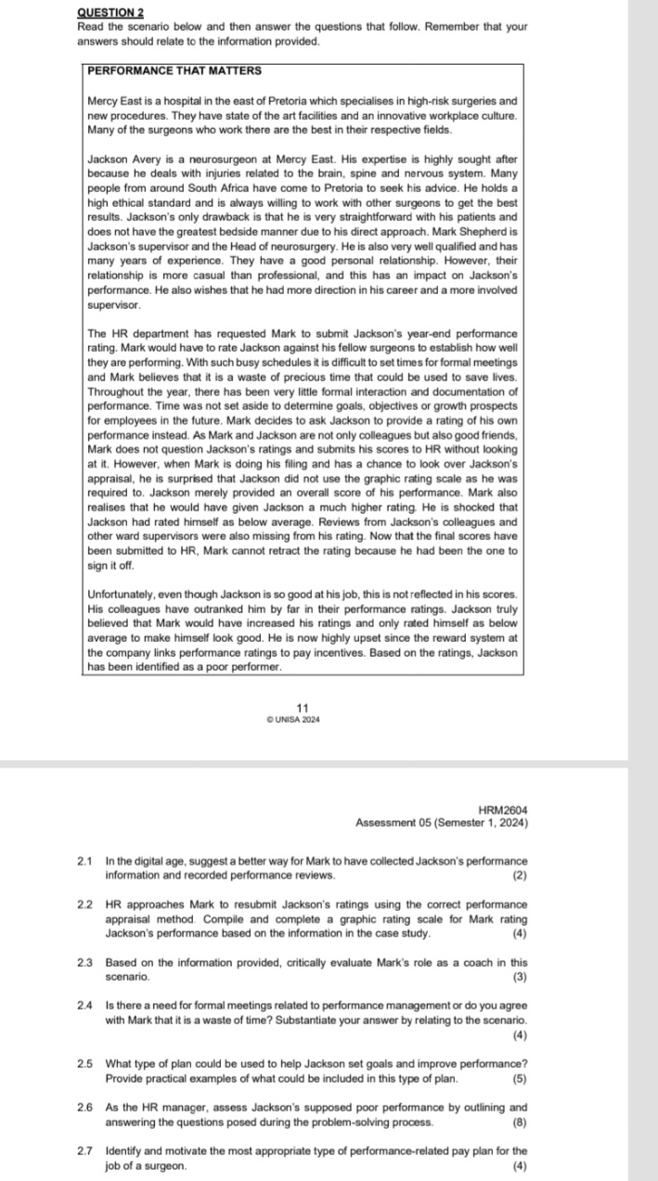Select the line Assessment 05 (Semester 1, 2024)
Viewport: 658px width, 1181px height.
coord(442,823)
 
